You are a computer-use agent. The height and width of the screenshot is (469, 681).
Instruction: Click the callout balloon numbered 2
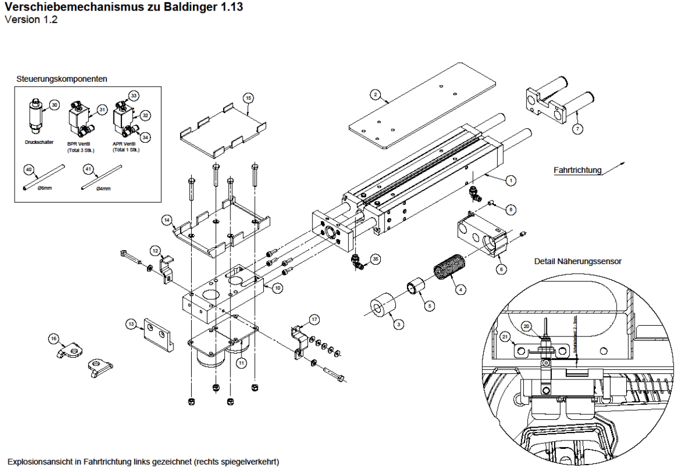click(x=376, y=94)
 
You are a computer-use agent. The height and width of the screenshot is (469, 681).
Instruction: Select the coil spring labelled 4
click(x=448, y=271)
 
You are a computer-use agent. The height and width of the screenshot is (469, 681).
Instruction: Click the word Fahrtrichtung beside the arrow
click(x=576, y=170)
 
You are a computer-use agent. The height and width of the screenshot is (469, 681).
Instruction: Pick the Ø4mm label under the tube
click(x=103, y=188)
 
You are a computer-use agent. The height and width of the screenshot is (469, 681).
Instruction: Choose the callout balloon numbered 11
click(x=242, y=363)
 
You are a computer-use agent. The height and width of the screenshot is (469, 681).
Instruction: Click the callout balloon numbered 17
click(x=315, y=320)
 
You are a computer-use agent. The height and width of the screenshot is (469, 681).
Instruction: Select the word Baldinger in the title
click(x=182, y=8)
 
